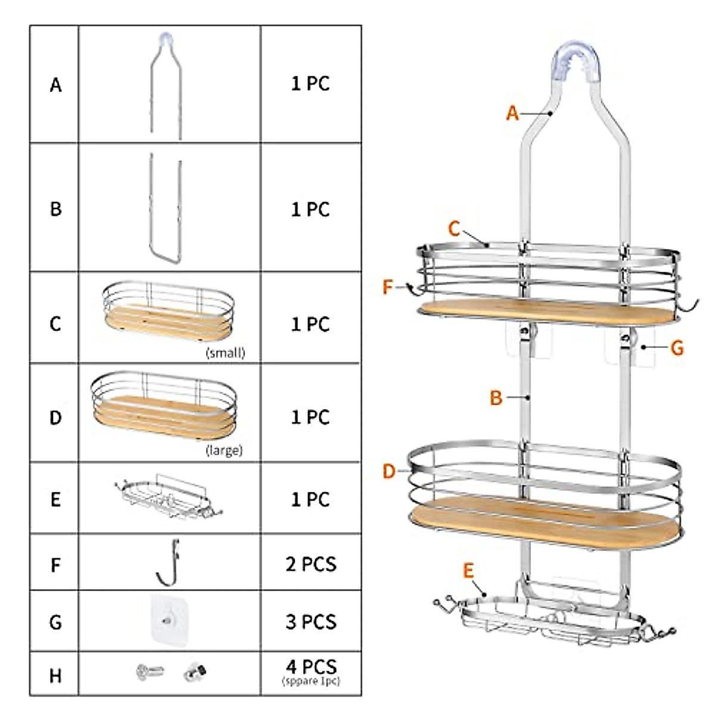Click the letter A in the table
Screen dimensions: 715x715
coord(55,85)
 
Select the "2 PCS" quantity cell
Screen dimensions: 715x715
coord(310,564)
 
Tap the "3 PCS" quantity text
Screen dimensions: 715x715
coord(310,621)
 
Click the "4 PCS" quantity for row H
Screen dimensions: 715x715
coord(310,667)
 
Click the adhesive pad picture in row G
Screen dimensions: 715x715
coord(169,620)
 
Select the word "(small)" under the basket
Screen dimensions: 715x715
coord(225,353)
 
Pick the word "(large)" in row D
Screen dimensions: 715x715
coord(224,450)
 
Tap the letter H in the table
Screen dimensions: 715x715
coord(55,676)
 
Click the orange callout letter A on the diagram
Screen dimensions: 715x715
coord(512,113)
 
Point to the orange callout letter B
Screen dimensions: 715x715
coord(496,398)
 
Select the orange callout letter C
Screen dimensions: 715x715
coord(454,228)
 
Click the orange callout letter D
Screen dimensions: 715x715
coord(389,472)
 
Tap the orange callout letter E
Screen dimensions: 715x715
coord(468,571)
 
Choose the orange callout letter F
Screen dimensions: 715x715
coord(388,288)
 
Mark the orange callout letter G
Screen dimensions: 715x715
coord(677,348)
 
